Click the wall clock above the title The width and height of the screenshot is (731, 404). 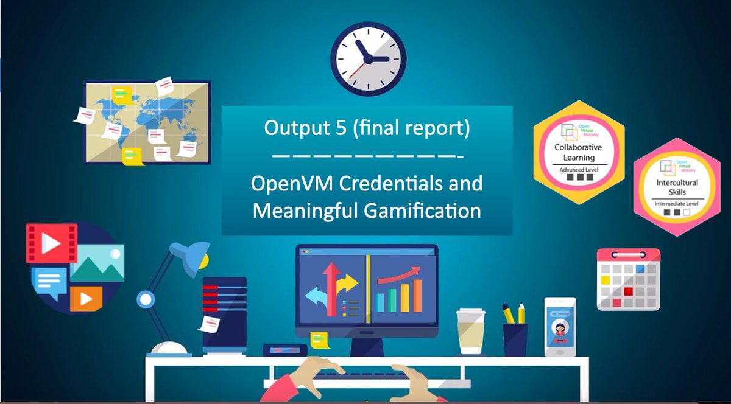tap(368, 58)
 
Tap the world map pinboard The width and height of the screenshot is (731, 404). tap(147, 122)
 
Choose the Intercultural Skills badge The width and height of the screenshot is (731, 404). tap(677, 186)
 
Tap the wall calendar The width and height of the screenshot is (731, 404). tap(628, 279)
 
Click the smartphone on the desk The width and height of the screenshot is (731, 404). tap(560, 327)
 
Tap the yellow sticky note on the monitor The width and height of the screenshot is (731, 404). tap(318, 339)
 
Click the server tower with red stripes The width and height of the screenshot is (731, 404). tap(224, 314)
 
